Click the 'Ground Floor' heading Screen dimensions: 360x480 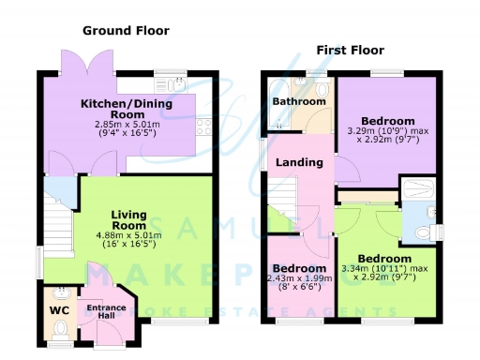[x=126, y=30]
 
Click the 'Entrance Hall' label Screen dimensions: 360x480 [x=106, y=312]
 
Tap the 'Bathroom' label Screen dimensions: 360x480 [x=298, y=101]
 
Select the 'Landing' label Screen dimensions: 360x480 [x=299, y=162]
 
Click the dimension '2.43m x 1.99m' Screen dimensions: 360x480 [x=298, y=279]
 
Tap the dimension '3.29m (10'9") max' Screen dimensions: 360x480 [x=387, y=131]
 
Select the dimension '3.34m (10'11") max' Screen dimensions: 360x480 [x=383, y=269]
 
